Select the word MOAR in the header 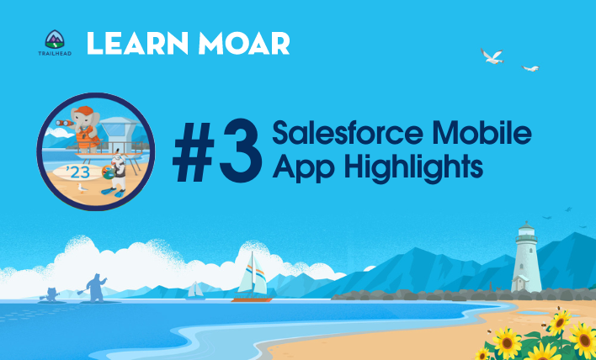point(244,43)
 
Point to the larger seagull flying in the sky point(492,56)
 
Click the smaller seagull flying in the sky point(530,68)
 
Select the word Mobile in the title point(481,132)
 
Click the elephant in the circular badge point(85,130)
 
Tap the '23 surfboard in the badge point(78,172)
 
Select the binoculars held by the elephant point(64,123)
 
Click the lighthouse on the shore point(526,257)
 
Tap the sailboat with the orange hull point(253,278)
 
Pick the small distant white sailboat point(196,290)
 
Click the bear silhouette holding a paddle point(95,288)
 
